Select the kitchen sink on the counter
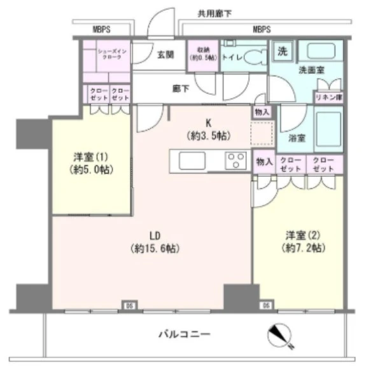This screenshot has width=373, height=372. coord(192,161)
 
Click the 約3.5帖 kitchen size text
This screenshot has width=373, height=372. coord(208,135)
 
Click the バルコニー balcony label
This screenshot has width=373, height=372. coord(184,333)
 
